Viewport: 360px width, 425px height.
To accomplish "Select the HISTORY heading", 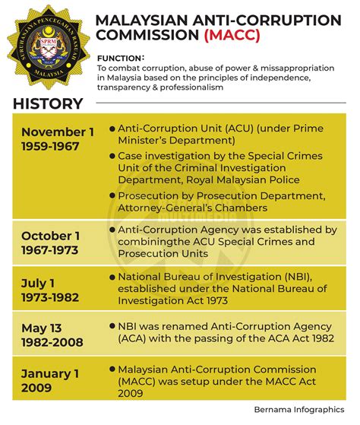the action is click(x=47, y=104).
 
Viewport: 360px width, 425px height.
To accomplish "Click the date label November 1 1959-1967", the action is click(x=58, y=139).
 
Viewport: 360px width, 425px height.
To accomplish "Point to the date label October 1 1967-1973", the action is click(x=53, y=243).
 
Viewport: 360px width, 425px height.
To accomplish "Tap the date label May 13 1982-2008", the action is click(x=52, y=335).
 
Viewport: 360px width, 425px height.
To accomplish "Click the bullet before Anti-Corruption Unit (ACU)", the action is click(x=112, y=128).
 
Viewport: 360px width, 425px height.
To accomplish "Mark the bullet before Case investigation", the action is click(x=112, y=156).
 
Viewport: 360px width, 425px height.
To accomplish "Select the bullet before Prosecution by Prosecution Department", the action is click(x=112, y=195).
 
